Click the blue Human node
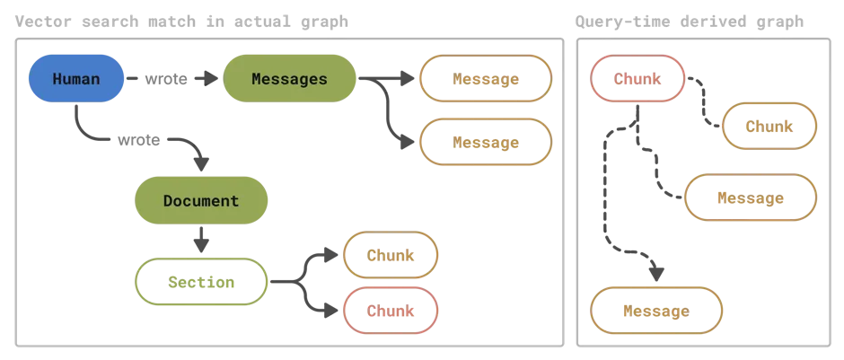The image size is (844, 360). (75, 79)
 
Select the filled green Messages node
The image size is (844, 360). (289, 79)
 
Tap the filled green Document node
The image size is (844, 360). (201, 200)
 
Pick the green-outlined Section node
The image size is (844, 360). (202, 282)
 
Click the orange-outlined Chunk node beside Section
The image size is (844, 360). (391, 255)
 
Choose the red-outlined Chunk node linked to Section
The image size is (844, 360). (391, 312)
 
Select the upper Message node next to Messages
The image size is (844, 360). (486, 79)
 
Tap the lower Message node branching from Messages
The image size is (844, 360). (486, 142)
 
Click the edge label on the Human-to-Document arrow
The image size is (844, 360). (139, 140)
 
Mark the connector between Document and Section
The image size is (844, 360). (201, 240)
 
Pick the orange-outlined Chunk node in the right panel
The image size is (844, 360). (769, 127)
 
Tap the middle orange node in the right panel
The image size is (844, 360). (751, 198)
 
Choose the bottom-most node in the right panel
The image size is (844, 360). (657, 312)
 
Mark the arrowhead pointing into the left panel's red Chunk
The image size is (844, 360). (334, 311)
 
